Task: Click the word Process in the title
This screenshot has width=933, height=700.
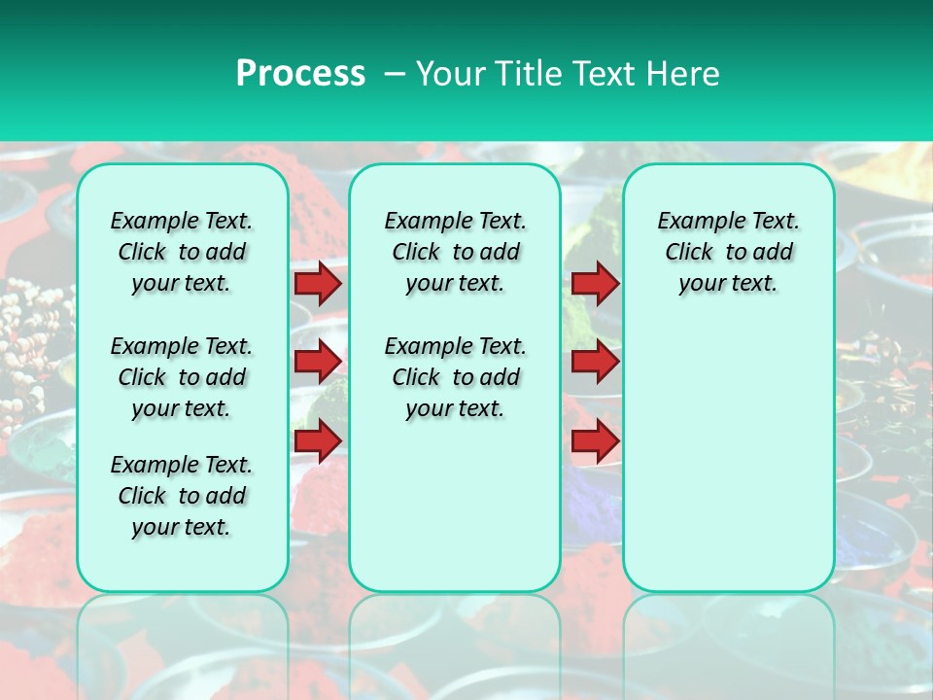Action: click(300, 73)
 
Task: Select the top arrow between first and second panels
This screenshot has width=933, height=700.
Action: click(318, 283)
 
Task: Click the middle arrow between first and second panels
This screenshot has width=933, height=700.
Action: click(318, 362)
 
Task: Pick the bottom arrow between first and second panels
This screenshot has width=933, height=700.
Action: click(318, 440)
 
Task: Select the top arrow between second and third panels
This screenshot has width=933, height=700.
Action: click(595, 283)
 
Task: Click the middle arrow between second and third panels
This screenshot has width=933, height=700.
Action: click(595, 362)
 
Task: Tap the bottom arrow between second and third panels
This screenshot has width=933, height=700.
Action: click(595, 440)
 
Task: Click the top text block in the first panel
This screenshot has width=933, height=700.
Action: click(182, 252)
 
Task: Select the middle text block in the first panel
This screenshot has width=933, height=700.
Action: click(182, 377)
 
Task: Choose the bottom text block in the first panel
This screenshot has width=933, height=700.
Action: click(182, 496)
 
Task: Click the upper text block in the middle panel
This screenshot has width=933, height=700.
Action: click(455, 252)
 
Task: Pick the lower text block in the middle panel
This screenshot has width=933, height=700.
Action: click(455, 377)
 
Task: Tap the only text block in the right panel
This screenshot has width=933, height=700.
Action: click(728, 252)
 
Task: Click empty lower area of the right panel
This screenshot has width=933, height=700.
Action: click(728, 467)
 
